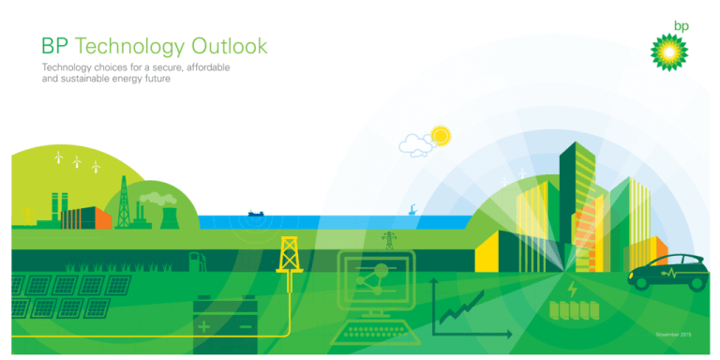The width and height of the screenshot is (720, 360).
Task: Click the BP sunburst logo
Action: tap(669, 52)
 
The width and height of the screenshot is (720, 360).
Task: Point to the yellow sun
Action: tap(440, 136)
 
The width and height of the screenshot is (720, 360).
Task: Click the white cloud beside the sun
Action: tap(415, 143)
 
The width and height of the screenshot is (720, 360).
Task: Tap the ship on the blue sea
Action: tap(258, 214)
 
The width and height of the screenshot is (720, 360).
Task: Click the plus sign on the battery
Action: tap(204, 325)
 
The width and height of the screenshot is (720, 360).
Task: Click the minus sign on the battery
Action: tap(245, 325)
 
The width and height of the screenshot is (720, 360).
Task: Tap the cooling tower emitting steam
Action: tap(171, 216)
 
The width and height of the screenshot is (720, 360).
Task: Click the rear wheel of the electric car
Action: tap(647, 280)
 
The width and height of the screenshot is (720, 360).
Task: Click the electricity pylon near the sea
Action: tap(388, 240)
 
